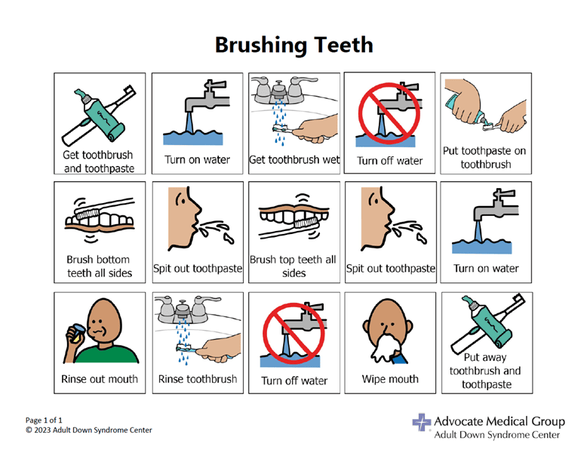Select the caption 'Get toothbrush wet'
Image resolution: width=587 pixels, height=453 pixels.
coord(294,159)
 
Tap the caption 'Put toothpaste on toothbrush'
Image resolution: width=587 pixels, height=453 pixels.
coord(484,157)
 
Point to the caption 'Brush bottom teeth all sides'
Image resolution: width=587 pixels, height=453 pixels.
coord(100,266)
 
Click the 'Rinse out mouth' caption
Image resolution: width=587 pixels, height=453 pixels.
coord(100,379)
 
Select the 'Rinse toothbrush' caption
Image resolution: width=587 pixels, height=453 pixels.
coord(198,379)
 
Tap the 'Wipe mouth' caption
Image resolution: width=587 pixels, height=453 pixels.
coord(390,379)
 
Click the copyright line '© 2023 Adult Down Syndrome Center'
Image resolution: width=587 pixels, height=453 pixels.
coord(88,430)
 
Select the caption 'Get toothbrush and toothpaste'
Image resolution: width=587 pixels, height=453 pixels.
coord(100,161)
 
